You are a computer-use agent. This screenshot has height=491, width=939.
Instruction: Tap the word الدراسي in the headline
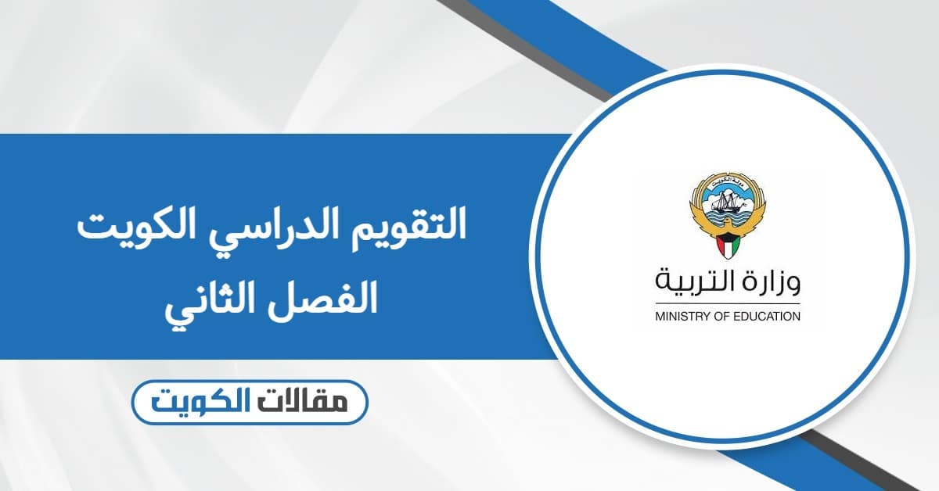coord(289,228)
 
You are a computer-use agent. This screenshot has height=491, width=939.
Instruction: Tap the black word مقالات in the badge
coord(314,403)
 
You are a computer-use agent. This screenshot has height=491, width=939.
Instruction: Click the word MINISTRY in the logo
coord(678,317)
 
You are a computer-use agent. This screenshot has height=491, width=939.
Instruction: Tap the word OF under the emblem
coord(716,317)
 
